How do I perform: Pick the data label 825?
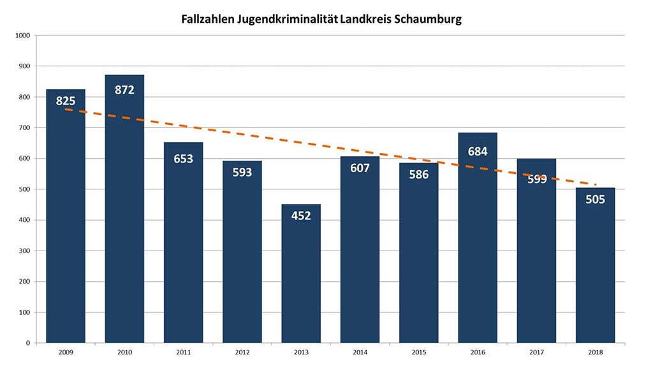tap(66, 101)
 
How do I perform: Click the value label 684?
tap(478, 152)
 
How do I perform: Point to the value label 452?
tap(301, 215)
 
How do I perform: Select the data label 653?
tap(183, 159)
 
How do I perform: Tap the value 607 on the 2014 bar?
tap(360, 168)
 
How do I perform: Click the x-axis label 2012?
tap(242, 352)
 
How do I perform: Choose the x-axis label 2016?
tap(477, 352)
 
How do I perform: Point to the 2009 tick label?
tap(66, 352)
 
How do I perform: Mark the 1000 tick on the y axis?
tap(24, 35)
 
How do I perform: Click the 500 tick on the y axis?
tap(26, 189)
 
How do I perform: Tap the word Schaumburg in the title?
tap(427, 20)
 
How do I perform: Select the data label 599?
tap(536, 179)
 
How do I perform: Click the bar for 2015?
tap(418, 268)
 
